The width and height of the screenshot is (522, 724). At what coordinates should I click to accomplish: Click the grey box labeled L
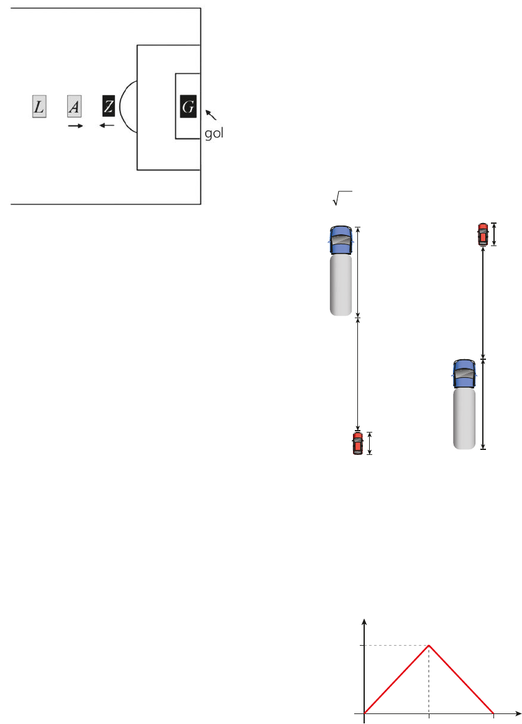[x=39, y=107]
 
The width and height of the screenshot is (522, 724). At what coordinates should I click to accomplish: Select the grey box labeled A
[x=75, y=107]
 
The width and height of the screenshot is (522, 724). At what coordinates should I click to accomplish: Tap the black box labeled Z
[x=109, y=106]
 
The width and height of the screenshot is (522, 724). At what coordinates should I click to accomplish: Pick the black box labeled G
[x=188, y=107]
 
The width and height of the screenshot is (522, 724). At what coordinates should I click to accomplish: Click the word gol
[x=214, y=134]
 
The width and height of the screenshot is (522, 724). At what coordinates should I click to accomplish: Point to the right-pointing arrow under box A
[x=76, y=126]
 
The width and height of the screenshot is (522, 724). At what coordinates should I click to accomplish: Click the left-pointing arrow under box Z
[x=107, y=126]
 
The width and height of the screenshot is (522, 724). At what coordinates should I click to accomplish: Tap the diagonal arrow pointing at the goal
[x=211, y=114]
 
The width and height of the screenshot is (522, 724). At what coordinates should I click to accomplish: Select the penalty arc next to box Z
[x=121, y=107]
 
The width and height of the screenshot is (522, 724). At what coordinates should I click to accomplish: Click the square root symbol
[x=342, y=198]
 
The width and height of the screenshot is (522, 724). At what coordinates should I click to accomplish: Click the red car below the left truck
[x=358, y=443]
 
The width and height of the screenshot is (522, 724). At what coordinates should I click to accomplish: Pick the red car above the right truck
[x=483, y=234]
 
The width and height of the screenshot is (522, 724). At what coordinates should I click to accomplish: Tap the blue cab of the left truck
[x=341, y=240]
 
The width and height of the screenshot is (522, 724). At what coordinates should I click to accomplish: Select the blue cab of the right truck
[x=464, y=373]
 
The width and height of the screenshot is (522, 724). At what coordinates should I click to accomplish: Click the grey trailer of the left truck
[x=341, y=285]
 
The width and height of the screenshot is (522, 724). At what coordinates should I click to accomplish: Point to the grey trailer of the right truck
[x=464, y=419]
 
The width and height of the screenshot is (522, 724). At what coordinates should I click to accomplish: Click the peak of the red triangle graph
[x=429, y=646]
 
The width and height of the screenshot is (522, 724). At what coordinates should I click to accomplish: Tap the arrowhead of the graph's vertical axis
[x=365, y=622]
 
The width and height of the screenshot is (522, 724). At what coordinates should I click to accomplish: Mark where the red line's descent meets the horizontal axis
[x=494, y=713]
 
